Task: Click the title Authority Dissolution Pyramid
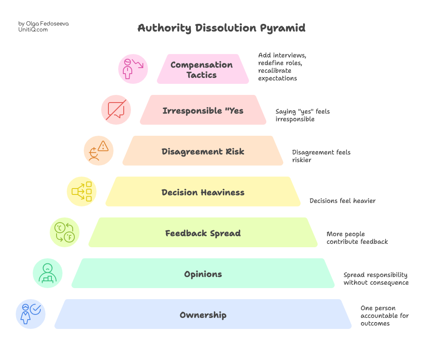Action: (221, 28)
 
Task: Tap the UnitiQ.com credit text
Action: (33, 30)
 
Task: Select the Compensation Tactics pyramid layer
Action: (203, 69)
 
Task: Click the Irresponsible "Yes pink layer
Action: (203, 111)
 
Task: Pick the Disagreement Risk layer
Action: (203, 151)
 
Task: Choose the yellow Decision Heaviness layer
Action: (203, 192)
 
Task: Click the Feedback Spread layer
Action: (203, 233)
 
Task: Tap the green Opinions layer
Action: (203, 274)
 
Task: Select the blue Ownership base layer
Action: (203, 315)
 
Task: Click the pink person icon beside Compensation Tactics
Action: (133, 69)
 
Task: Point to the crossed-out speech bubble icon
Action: (116, 110)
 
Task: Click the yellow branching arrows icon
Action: (82, 191)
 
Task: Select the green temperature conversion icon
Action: (65, 232)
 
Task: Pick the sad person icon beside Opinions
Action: (48, 273)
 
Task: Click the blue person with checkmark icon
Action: (31, 314)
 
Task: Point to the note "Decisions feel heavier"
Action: (342, 201)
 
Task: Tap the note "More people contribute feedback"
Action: (357, 238)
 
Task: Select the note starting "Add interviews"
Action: (282, 67)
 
